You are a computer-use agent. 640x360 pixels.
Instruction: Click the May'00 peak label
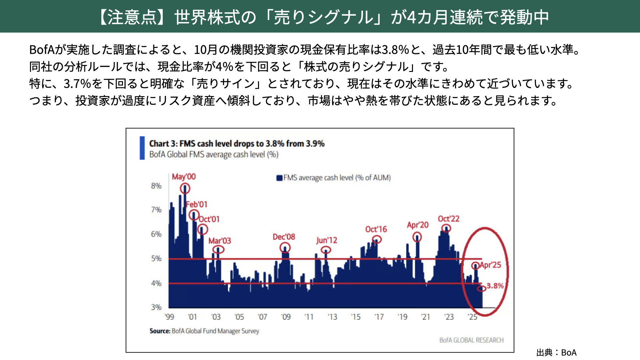pos(184,177)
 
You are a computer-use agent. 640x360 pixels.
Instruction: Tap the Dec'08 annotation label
pos(284,237)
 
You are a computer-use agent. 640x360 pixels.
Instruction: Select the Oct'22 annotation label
pos(448,219)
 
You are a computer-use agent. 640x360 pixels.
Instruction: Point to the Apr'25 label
pos(490,265)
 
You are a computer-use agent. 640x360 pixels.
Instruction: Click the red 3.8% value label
pos(495,286)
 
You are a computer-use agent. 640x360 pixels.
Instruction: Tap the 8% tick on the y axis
pos(156,186)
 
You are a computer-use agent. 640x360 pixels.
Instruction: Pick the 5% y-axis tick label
pos(156,259)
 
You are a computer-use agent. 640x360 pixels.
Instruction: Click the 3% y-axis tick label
pos(156,307)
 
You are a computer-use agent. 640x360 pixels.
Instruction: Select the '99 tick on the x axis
pos(169,317)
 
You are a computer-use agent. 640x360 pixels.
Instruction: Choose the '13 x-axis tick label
pos(332,317)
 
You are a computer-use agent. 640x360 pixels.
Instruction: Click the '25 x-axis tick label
pos(472,317)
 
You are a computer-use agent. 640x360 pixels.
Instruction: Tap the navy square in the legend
pos(279,178)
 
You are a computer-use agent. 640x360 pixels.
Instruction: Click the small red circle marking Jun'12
pos(326,250)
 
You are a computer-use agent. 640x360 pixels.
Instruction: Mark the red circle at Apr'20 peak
pos(417,237)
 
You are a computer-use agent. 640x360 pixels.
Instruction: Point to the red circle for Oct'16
pos(377,239)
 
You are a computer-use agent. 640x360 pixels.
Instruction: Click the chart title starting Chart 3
pos(237,144)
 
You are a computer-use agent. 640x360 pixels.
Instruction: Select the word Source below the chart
pos(160,331)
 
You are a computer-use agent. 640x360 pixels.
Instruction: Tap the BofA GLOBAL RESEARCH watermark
pos(471,340)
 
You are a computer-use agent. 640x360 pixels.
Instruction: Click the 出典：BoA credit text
pos(556,353)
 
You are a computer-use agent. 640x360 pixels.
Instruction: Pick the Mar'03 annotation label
pos(220,241)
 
